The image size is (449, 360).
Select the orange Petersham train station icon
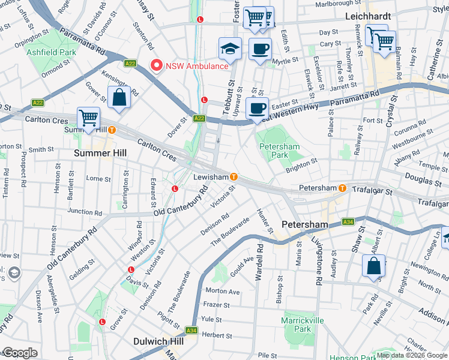342,188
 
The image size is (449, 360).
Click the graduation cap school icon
231,49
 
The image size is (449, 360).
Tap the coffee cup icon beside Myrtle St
260,49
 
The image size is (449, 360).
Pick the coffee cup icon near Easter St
257,108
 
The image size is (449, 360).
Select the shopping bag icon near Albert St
373,265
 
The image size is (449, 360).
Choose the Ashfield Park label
51,52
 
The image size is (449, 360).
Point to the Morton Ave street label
222,292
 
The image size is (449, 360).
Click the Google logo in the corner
19,353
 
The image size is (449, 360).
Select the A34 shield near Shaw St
348,222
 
